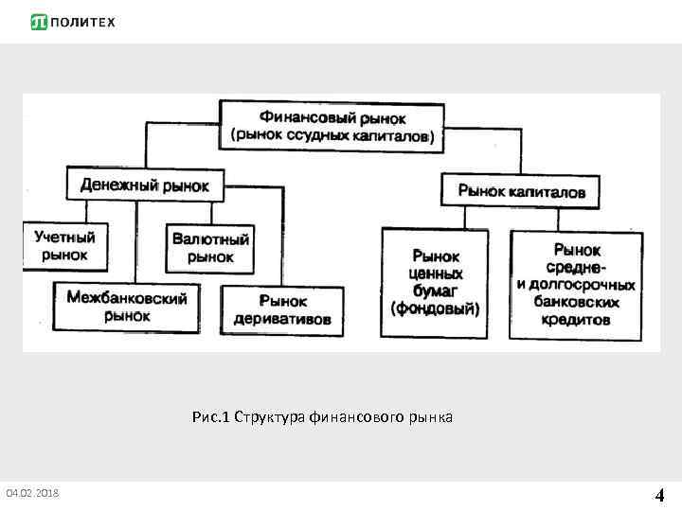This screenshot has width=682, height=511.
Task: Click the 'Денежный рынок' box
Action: [x=144, y=184]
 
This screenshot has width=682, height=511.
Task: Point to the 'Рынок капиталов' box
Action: [x=521, y=191]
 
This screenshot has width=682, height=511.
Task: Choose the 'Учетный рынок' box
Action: [x=65, y=245]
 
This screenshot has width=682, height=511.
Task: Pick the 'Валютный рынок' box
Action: [x=210, y=248]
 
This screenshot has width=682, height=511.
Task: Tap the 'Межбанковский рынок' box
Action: [x=127, y=307]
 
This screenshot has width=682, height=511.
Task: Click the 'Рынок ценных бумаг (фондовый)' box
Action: [x=435, y=282]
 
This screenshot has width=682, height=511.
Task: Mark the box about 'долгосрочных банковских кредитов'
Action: [x=575, y=285]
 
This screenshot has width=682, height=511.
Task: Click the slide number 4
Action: [x=659, y=494]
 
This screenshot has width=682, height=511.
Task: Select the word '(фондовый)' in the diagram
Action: [x=435, y=308]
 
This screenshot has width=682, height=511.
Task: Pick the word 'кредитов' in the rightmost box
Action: [x=575, y=320]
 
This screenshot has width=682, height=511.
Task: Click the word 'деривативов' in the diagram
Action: [x=283, y=320]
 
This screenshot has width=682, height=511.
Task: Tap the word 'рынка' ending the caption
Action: [x=431, y=417]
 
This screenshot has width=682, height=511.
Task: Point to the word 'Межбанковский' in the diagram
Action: [x=127, y=298]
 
